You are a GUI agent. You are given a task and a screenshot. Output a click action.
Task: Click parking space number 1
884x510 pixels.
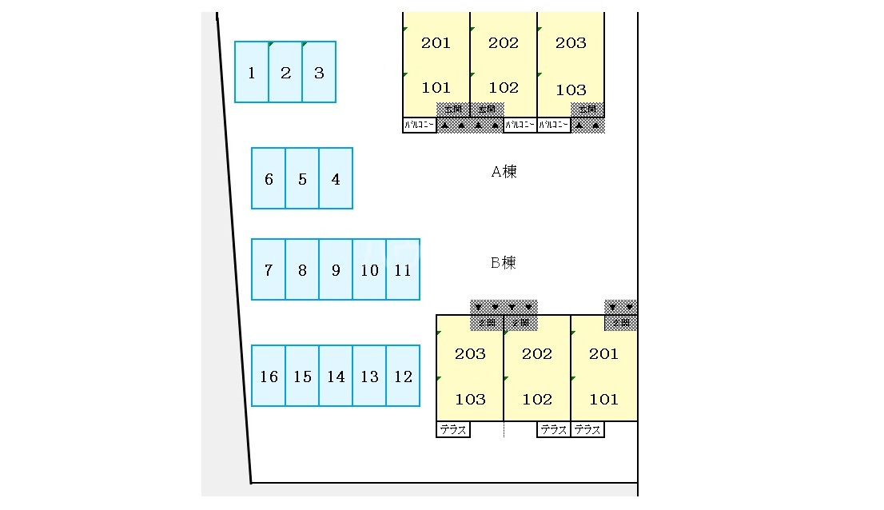coord(252,73)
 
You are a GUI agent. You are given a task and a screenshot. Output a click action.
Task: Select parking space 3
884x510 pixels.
coord(319,73)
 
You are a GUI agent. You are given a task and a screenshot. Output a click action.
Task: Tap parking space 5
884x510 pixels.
coord(302,179)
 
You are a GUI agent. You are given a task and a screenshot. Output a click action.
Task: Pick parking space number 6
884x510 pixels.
coord(269,179)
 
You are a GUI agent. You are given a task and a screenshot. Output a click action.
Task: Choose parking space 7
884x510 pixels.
coord(269,270)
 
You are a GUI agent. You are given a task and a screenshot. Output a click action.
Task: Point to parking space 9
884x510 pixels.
coord(336,270)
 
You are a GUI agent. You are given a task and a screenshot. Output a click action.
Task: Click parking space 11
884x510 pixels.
coord(403,270)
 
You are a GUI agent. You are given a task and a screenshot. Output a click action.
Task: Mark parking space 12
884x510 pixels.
coord(403,377)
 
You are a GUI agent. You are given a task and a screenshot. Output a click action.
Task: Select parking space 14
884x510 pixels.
coord(336,377)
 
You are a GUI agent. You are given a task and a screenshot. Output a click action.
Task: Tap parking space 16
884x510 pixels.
coord(269,377)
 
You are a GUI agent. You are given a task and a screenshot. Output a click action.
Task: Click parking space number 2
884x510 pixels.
coord(285,73)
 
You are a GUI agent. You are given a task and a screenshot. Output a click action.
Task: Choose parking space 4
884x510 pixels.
coord(336,179)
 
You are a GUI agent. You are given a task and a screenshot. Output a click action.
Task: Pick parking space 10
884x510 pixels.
coord(369,270)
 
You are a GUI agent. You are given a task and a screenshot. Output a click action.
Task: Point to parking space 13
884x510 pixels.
coord(369,377)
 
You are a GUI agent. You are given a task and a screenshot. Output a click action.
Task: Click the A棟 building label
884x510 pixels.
coord(504,171)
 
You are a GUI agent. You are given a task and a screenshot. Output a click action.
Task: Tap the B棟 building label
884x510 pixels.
coord(504,262)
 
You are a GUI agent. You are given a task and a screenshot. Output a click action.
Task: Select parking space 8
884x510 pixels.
coord(302,270)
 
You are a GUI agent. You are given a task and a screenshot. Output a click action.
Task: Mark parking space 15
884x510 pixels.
coord(302,377)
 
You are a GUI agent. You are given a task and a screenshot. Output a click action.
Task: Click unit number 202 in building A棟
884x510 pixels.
coord(504,43)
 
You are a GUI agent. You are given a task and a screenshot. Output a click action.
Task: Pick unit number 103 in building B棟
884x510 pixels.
coord(470,399)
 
